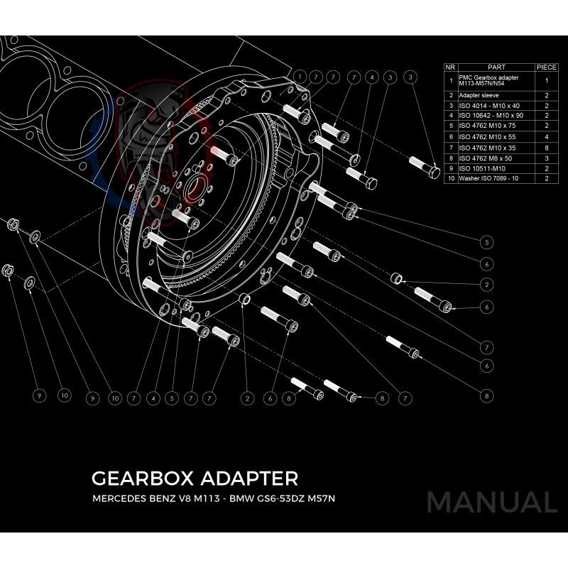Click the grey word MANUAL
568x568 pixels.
pos(491,503)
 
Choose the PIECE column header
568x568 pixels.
pos(546,67)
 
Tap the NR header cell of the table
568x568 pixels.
pos(449,67)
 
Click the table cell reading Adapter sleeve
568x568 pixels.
pos(479,94)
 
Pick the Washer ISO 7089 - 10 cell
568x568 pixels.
pos(489,179)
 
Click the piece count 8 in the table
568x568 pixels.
pos(546,147)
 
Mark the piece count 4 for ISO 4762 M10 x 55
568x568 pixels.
pos(546,136)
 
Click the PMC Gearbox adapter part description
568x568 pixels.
pos(489,80)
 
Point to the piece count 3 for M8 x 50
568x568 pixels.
pos(546,158)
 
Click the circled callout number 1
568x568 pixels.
pos(300,76)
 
